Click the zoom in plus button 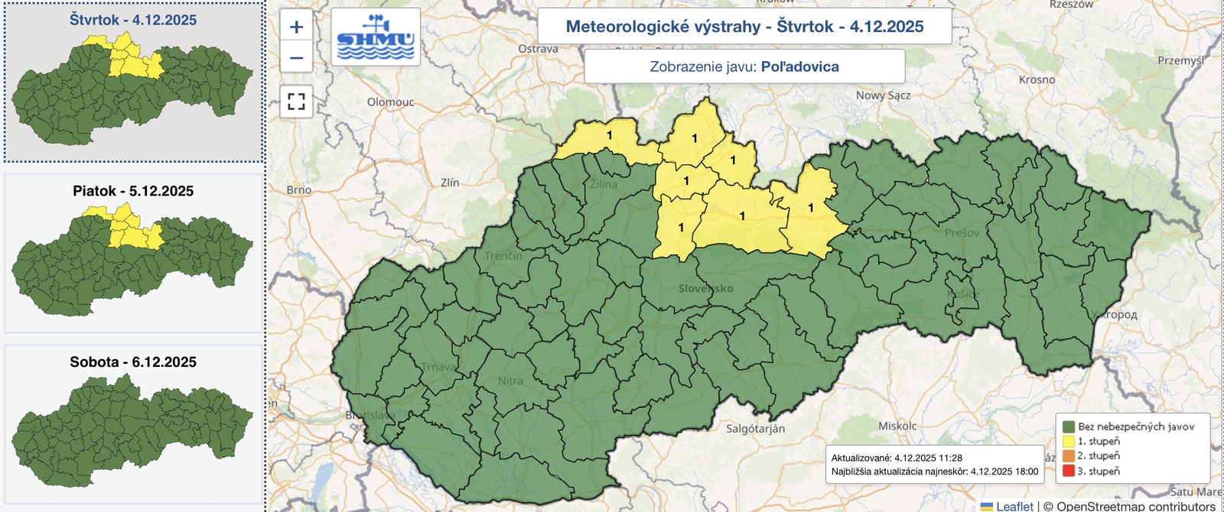pos(296,28)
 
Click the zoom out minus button pos(296,58)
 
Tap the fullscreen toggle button pos(296,101)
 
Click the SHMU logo pos(376,37)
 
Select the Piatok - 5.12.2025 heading pos(133,191)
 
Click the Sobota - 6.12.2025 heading pos(133,362)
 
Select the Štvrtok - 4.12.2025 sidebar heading pos(133,20)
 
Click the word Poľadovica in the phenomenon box pos(799,66)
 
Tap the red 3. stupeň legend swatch pos(1068,471)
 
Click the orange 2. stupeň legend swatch pos(1068,456)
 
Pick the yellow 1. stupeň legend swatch pos(1068,441)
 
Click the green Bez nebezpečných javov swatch pos(1068,426)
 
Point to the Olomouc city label pos(390,102)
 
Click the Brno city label pos(298,190)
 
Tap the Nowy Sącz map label pos(883,96)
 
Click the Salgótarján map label pos(755,429)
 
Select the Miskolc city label pos(897,426)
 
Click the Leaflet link pos(1014,506)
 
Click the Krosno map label pos(1037,79)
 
